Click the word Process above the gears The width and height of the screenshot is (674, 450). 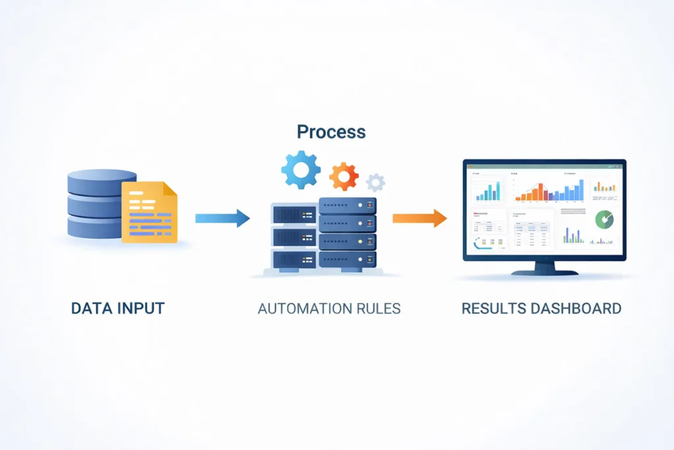(x=331, y=131)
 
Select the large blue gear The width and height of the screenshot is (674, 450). (x=301, y=169)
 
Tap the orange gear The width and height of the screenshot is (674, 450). (x=344, y=177)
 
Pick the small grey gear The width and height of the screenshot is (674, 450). (x=376, y=183)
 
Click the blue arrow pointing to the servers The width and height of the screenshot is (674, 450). (x=222, y=218)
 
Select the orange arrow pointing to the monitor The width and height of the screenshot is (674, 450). (x=419, y=218)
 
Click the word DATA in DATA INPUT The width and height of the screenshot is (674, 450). (x=90, y=308)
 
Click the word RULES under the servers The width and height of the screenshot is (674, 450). (x=376, y=308)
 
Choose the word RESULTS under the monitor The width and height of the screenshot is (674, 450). (x=492, y=308)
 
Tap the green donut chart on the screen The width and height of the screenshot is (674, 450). (x=604, y=219)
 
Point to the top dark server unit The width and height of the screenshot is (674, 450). (x=347, y=206)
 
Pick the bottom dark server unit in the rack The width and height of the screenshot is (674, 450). (x=347, y=258)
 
